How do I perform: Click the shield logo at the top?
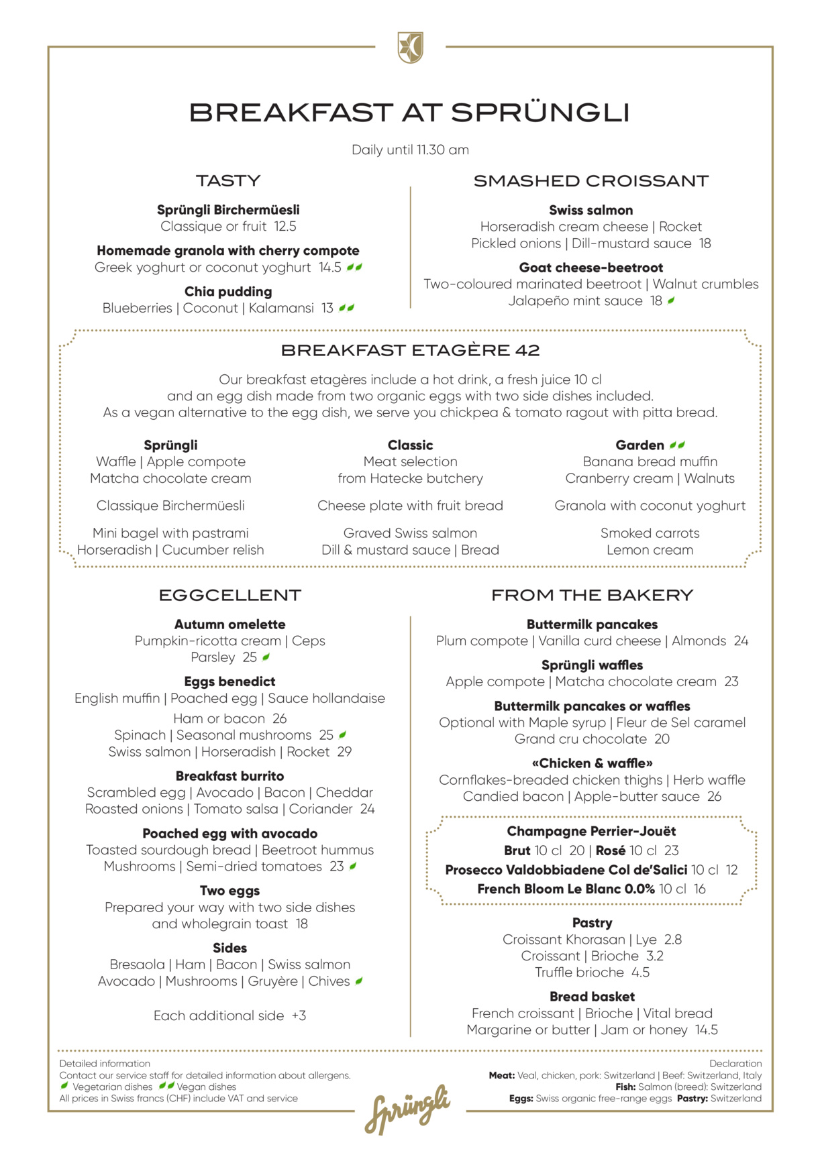(x=410, y=48)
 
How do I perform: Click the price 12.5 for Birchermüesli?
(x=285, y=227)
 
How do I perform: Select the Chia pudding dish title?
(x=228, y=292)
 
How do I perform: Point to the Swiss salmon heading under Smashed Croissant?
(x=591, y=211)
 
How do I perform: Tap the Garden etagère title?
(x=640, y=445)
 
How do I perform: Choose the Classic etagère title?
(x=410, y=445)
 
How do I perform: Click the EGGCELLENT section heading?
(x=229, y=595)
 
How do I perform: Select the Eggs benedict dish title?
(x=229, y=681)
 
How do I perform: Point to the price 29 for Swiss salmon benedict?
(x=344, y=752)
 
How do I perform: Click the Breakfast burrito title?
(x=229, y=776)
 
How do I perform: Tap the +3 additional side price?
(x=299, y=1015)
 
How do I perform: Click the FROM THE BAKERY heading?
(x=592, y=595)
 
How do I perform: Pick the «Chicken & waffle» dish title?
(x=592, y=763)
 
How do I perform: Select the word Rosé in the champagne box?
(x=610, y=850)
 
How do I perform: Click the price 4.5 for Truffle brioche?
(x=640, y=973)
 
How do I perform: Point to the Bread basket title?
(x=592, y=997)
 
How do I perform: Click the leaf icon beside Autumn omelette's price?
(x=266, y=657)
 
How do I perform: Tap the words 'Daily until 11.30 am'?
(x=410, y=150)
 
